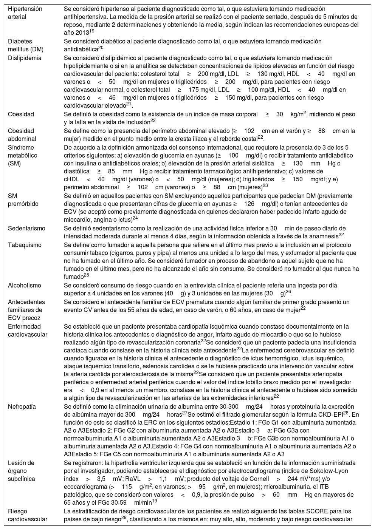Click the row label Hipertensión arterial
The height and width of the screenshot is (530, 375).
(x=25, y=13)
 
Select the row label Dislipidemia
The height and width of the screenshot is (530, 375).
(x=25, y=58)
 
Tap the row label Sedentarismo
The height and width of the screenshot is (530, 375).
(x=27, y=228)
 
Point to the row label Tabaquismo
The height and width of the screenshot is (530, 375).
(x=25, y=245)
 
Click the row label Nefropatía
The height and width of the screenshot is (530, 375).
(x=22, y=407)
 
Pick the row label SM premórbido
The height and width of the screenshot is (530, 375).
(x=23, y=200)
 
